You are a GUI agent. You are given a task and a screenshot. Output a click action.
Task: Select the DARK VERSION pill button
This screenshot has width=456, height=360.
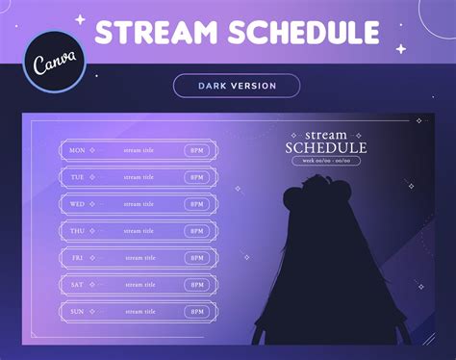237,86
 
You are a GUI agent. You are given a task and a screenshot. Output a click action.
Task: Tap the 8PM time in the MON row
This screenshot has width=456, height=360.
197,150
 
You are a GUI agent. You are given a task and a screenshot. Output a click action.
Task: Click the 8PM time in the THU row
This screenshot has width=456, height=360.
197,231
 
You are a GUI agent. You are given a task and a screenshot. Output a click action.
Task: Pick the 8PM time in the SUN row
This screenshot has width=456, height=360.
197,312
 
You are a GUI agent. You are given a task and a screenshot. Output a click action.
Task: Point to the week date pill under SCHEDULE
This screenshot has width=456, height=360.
327,161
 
